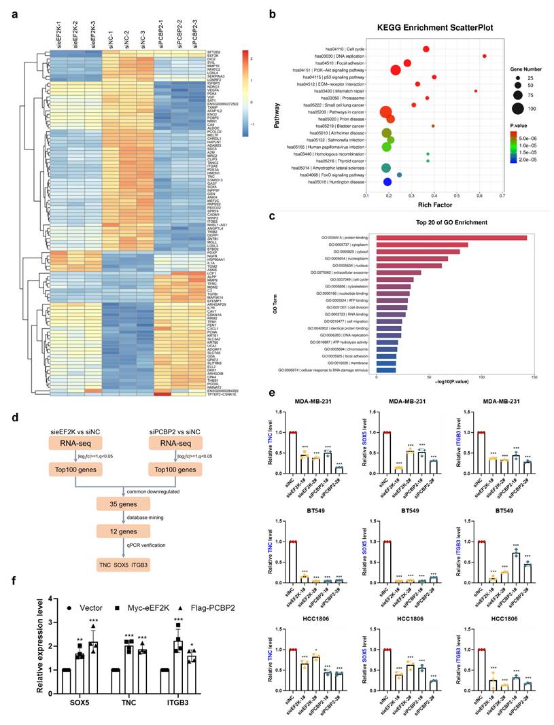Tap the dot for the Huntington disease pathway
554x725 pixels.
click(x=387, y=182)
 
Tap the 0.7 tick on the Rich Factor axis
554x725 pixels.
click(x=502, y=196)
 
